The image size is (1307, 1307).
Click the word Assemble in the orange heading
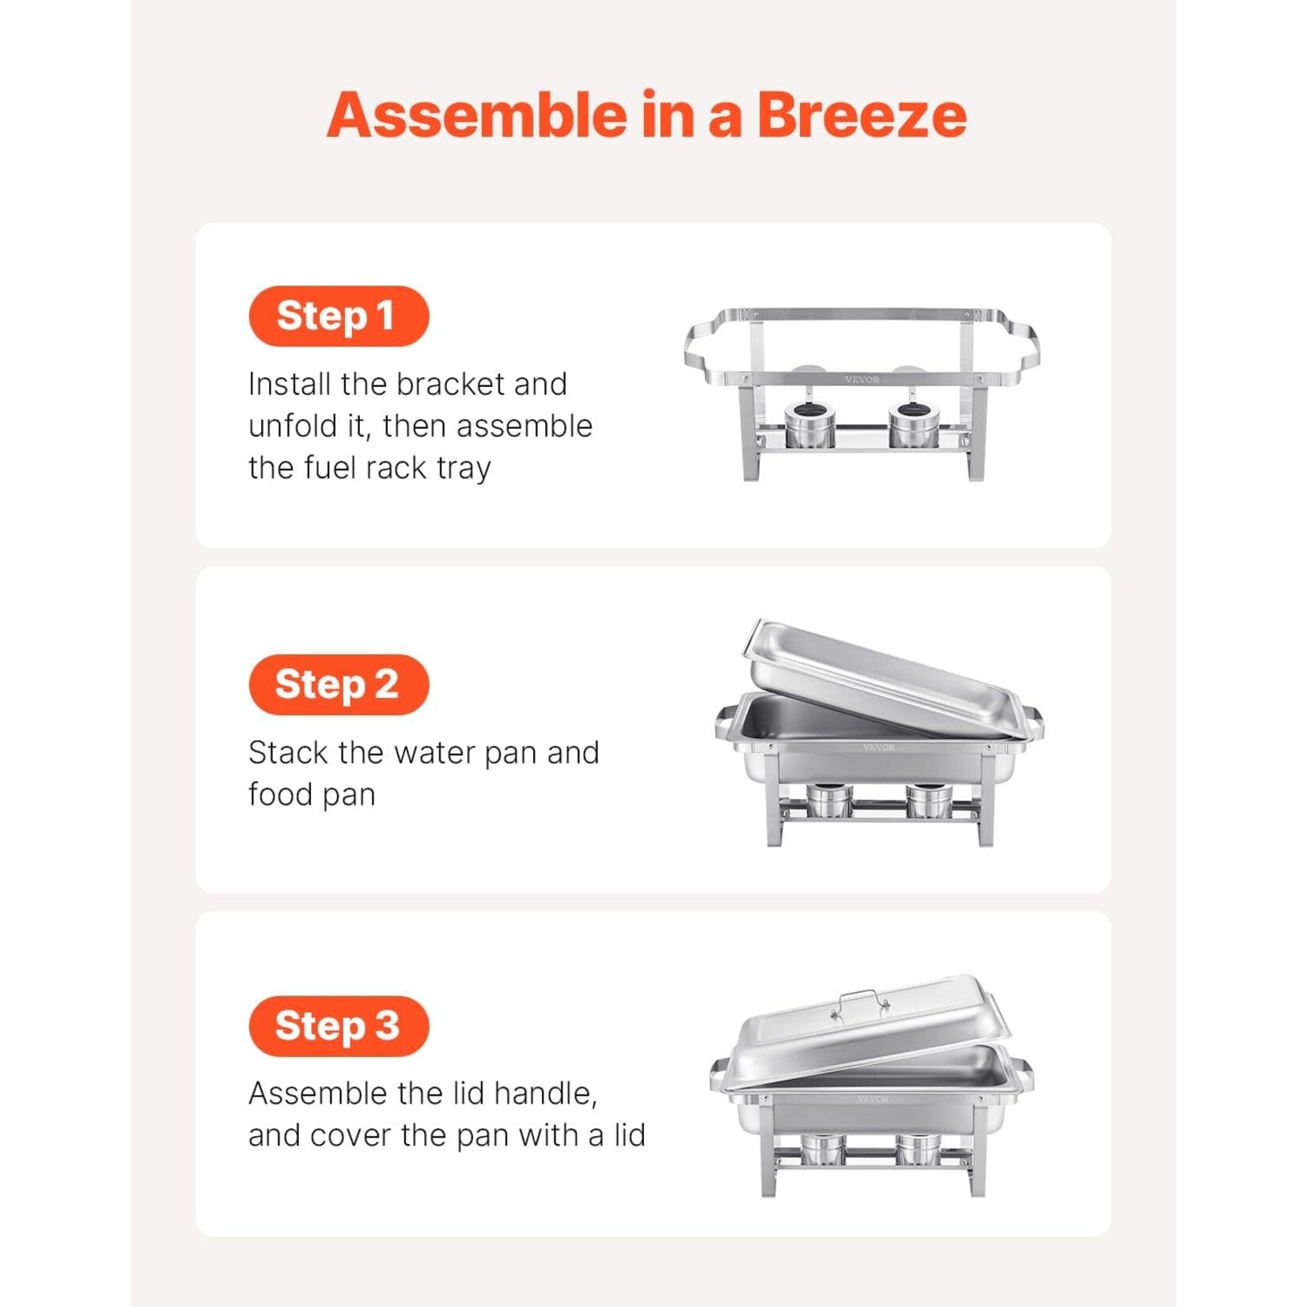[x=476, y=116]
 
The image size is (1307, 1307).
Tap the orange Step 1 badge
[x=339, y=316]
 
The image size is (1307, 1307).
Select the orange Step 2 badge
[x=339, y=684]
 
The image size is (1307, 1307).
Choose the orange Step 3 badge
[x=339, y=1026]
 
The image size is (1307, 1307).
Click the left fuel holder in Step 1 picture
[x=809, y=425]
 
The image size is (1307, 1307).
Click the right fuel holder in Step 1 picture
[x=914, y=425]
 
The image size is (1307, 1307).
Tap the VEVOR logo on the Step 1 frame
[x=862, y=380]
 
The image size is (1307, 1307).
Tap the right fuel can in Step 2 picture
[x=930, y=801]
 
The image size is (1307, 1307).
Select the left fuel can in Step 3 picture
[x=823, y=1149]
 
